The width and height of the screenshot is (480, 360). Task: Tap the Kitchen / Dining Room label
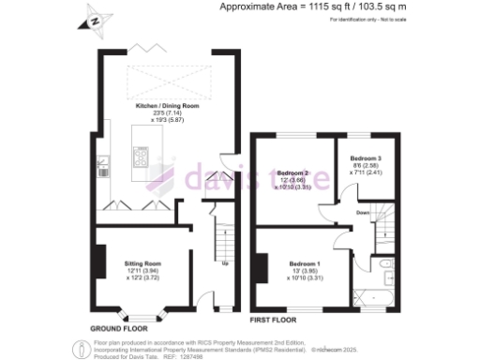click(x=168, y=107)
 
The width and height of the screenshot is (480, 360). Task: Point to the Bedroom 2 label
click(x=293, y=173)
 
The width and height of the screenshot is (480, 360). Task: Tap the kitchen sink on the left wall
click(x=102, y=171)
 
